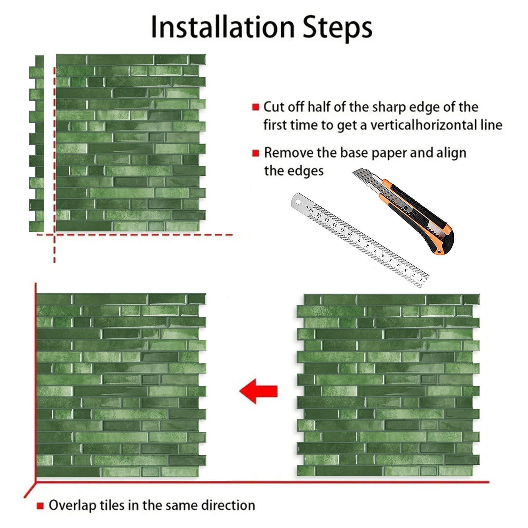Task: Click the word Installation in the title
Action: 223,27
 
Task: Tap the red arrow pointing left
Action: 258,391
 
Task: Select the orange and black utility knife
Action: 403,211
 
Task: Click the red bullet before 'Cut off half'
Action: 255,107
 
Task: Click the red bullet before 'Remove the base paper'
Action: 255,153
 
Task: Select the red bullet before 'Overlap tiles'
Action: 40,506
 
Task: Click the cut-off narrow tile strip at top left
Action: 37,144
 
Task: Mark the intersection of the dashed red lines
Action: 54,235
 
